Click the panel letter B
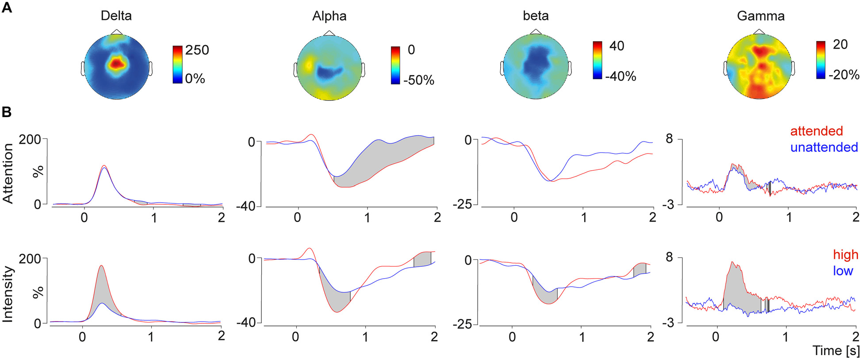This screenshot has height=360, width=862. pyautogui.click(x=7, y=112)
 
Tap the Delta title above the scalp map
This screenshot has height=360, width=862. pyautogui.click(x=116, y=16)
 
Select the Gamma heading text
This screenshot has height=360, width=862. pyautogui.click(x=760, y=16)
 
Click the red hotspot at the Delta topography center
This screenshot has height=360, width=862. pyautogui.click(x=116, y=64)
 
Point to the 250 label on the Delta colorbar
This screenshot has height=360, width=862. pyautogui.click(x=197, y=50)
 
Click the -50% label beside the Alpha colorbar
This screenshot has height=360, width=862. pyautogui.click(x=418, y=80)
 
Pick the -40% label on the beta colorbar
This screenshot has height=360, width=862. pyautogui.click(x=620, y=77)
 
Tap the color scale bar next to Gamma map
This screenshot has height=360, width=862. pyautogui.click(x=820, y=60)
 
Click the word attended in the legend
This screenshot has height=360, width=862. pyautogui.click(x=816, y=131)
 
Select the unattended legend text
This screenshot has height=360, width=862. pyautogui.click(x=824, y=147)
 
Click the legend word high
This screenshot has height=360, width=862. pyautogui.click(x=845, y=255)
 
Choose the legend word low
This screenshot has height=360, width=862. pyautogui.click(x=843, y=271)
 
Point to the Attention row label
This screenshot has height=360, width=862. pyautogui.click(x=8, y=173)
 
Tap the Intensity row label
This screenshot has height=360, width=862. pyautogui.click(x=8, y=294)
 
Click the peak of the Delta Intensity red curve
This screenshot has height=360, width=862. pyautogui.click(x=101, y=266)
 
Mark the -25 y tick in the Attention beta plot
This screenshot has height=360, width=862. pyautogui.click(x=463, y=205)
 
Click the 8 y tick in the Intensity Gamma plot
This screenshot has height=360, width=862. pyautogui.click(x=669, y=257)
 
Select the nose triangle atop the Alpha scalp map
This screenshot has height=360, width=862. pyautogui.click(x=329, y=33)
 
